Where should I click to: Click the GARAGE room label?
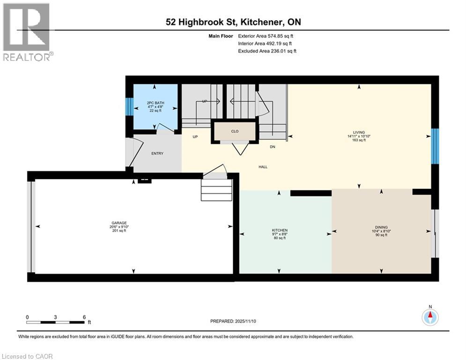(x=119, y=223)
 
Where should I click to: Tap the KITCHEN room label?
(x=280, y=230)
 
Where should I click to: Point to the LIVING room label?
(x=359, y=132)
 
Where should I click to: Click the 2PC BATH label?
(x=155, y=103)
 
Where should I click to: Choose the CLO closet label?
(x=235, y=131)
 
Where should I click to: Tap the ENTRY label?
(x=157, y=153)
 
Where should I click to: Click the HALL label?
(x=263, y=166)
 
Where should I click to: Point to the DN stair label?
(x=272, y=146)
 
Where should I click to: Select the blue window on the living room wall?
(x=435, y=146)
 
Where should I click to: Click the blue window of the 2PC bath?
(x=129, y=106)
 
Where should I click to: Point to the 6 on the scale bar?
(x=84, y=317)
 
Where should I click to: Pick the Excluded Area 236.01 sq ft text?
(x=267, y=51)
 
